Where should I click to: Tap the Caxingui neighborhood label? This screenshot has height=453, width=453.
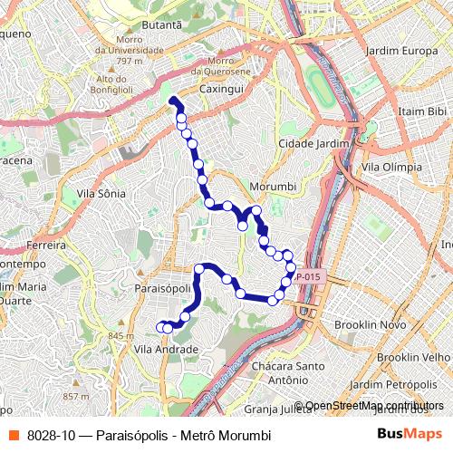[222, 91]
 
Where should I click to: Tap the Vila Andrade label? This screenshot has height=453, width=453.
[166, 349]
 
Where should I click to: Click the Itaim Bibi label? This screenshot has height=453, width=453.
[422, 111]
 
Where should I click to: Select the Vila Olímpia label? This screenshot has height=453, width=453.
[390, 168]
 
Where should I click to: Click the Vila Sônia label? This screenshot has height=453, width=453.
[101, 194]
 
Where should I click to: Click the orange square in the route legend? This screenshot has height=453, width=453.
[14, 435]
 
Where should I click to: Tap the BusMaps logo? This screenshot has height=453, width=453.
[409, 434]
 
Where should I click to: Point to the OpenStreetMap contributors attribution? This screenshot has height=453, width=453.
[374, 406]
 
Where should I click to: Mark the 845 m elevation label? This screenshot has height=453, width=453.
[120, 336]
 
